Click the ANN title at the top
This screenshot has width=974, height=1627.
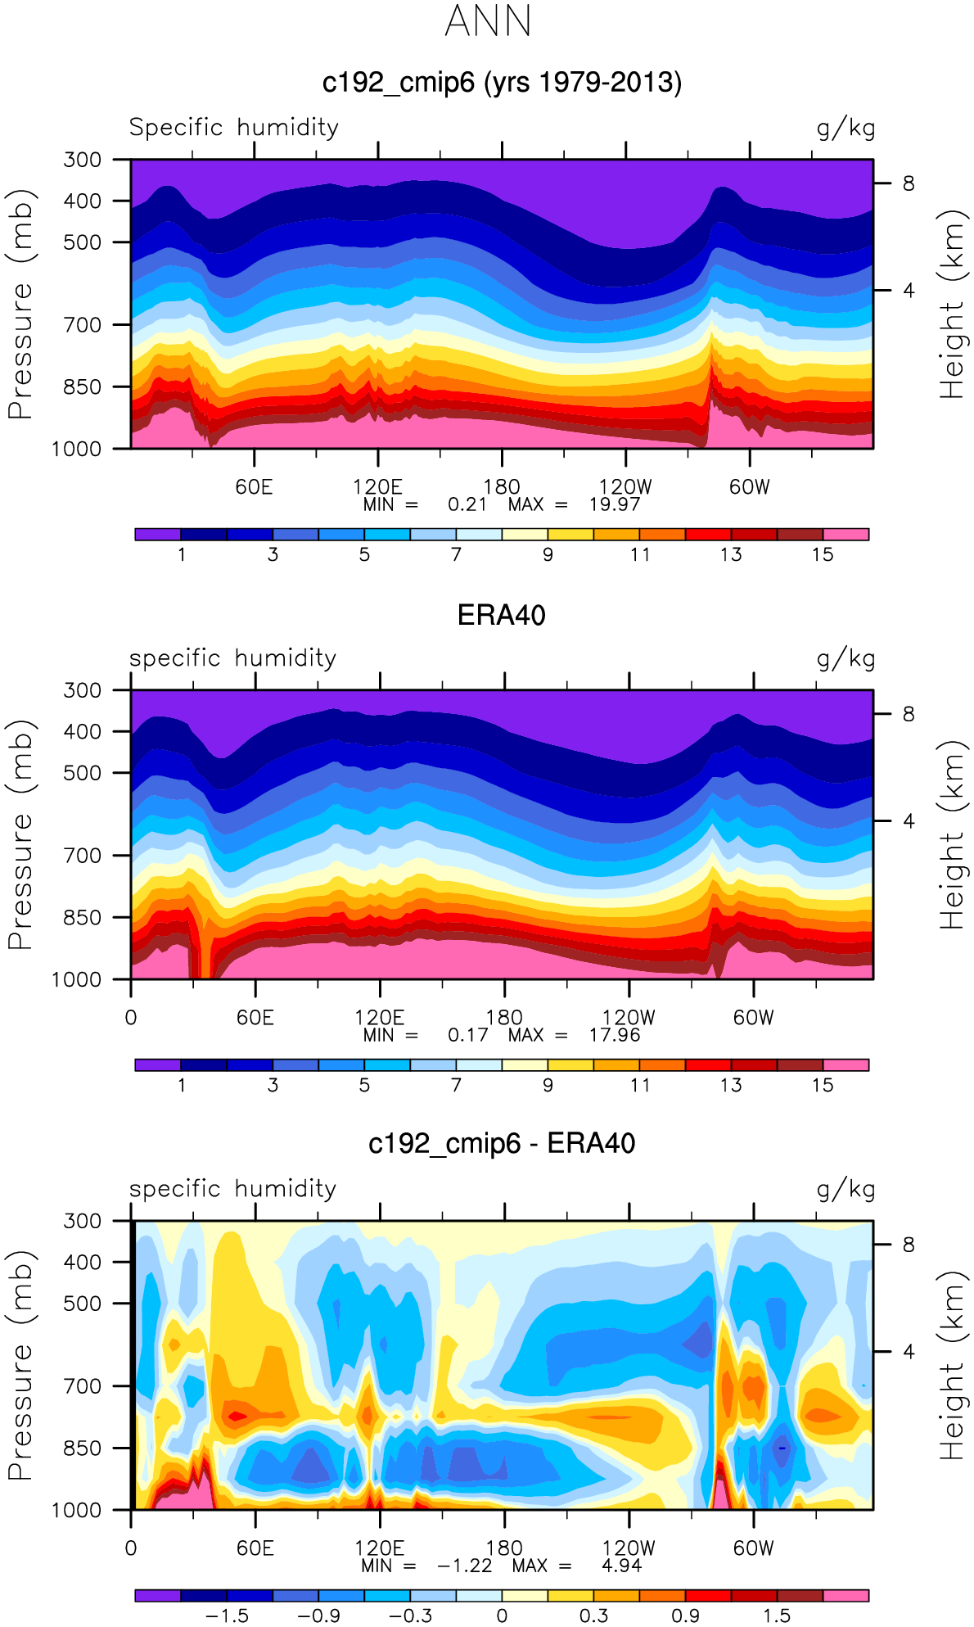(x=488, y=22)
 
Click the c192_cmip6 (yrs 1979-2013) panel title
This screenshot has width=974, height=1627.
(x=502, y=83)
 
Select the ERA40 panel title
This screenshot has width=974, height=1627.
(x=501, y=615)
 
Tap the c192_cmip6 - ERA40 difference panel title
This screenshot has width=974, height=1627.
(x=502, y=1143)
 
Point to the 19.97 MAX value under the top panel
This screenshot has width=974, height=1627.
(x=614, y=504)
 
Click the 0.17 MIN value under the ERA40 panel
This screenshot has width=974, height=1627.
(x=467, y=1035)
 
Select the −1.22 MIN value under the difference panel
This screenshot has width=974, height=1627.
(x=464, y=1566)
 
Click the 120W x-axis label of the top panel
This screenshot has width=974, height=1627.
(x=625, y=487)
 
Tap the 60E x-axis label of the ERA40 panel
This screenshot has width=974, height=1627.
(x=255, y=1018)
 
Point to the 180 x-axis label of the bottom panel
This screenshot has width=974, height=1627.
(x=504, y=1548)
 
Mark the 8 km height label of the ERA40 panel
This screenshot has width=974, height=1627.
(x=909, y=714)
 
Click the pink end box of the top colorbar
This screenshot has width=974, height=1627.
(x=845, y=535)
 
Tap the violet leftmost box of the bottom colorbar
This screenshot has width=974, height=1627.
(x=157, y=1596)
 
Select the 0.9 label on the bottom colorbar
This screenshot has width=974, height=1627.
(x=685, y=1616)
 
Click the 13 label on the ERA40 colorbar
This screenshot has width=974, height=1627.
(x=731, y=1085)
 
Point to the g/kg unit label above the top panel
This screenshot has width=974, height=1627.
(x=845, y=128)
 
